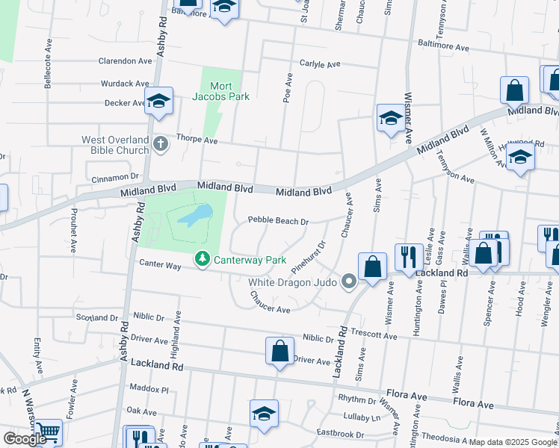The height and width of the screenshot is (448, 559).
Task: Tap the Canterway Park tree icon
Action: [x=202, y=260]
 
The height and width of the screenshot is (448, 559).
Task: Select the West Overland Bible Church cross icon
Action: [x=159, y=143]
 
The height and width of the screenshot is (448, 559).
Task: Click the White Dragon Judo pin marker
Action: [x=348, y=281]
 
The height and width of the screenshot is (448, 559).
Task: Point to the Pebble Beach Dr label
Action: [x=278, y=221]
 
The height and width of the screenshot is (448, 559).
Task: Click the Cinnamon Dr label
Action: [x=115, y=178]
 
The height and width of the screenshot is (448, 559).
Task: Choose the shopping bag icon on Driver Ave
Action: [x=279, y=350]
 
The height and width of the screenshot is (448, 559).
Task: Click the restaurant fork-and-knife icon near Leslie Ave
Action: [x=408, y=257]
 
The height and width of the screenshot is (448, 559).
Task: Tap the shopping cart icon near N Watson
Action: [x=47, y=431]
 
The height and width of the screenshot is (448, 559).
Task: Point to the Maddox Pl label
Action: [x=149, y=389]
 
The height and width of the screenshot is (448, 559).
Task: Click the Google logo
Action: [x=25, y=439]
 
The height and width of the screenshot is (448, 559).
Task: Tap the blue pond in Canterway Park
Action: [x=195, y=217]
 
